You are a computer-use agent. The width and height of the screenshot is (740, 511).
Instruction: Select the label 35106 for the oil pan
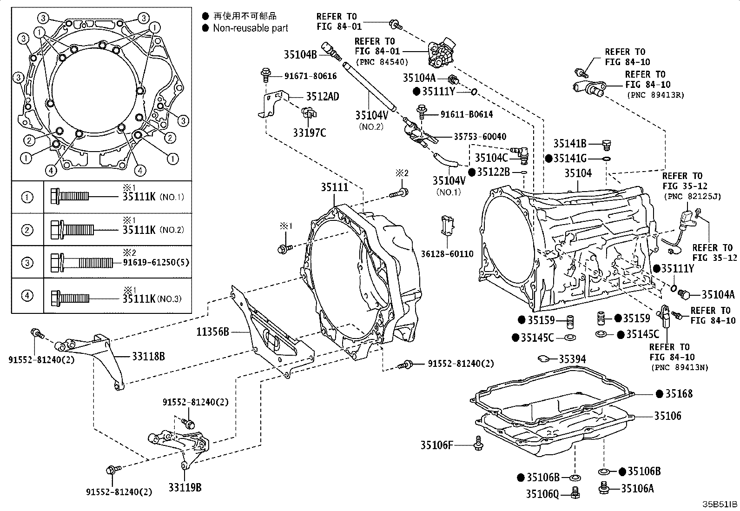(x=667, y=416)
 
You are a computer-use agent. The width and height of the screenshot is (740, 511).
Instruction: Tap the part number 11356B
(x=211, y=332)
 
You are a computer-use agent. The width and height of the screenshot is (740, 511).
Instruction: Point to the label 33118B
(x=148, y=357)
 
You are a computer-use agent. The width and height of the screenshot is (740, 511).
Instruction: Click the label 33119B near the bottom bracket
(x=185, y=488)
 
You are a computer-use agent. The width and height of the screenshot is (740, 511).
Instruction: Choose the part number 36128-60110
(x=447, y=254)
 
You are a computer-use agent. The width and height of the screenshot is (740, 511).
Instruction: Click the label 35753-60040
(x=480, y=137)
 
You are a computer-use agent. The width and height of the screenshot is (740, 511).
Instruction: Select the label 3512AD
(x=322, y=97)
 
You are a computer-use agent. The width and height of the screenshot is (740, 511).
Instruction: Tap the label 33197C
(x=309, y=133)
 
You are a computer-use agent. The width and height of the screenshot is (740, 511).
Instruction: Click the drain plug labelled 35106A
(x=637, y=488)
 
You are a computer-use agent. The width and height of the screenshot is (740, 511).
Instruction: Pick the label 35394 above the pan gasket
(x=572, y=359)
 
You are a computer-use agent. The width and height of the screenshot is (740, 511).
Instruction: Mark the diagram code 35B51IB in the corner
(x=720, y=504)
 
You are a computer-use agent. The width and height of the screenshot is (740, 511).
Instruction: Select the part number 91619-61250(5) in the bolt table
(x=156, y=262)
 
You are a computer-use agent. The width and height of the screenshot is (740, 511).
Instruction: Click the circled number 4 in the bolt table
(x=27, y=295)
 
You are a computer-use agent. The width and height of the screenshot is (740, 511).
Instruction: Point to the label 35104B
(x=300, y=55)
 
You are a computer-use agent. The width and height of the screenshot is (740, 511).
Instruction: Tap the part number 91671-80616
(x=311, y=76)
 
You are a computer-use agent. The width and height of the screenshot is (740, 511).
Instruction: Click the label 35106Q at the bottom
(x=542, y=494)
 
